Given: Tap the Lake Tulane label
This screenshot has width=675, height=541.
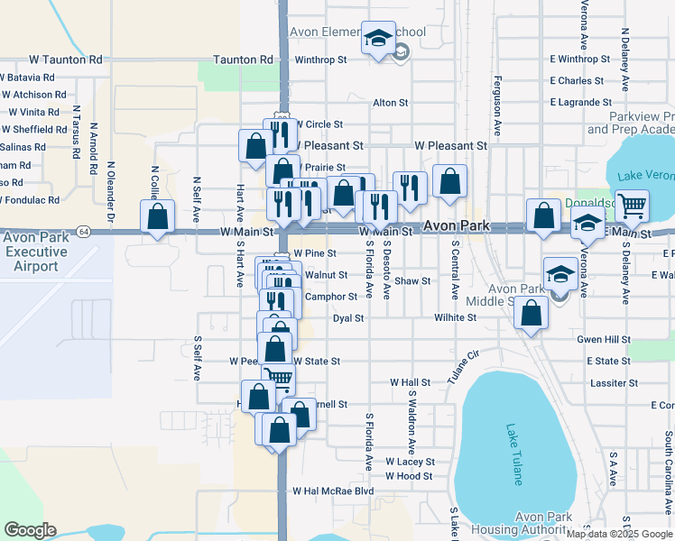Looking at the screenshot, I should coord(515,454).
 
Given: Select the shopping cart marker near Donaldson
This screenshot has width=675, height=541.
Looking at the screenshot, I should coord(632,206).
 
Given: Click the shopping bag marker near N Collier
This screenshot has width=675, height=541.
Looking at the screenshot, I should coord(158,216).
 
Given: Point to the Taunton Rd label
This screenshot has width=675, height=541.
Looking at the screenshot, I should coord(243,60).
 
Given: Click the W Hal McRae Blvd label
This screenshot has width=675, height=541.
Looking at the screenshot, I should coord(332,491).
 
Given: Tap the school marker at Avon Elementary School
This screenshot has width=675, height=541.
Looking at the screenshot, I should coord(378,39).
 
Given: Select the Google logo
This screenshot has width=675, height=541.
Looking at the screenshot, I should coord(30,530).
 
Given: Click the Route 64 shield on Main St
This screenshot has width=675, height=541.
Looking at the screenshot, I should coord(82,231).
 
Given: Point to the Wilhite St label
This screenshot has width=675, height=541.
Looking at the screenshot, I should coord(455,318).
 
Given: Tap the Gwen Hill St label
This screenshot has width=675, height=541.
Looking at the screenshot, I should coord(604,339).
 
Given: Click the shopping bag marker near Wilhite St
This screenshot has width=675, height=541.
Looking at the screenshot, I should coord(532,314).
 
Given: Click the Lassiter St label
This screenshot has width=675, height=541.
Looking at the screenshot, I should coord(614,383).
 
